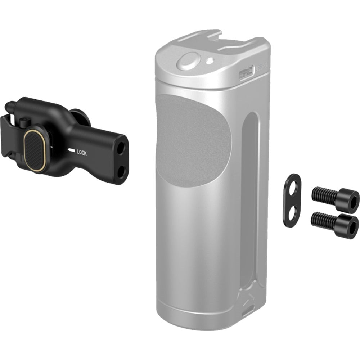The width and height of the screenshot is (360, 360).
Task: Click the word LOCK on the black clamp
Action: [81, 152]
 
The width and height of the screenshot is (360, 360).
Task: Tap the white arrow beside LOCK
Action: [71, 151]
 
